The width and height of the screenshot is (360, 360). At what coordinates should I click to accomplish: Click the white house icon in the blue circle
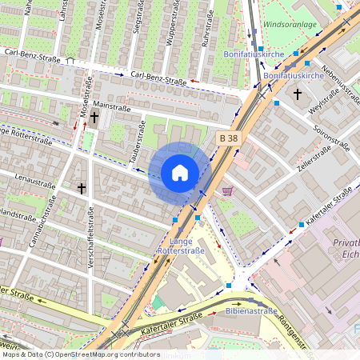coord(180,172)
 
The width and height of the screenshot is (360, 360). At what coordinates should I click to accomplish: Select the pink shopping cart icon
coord(228,191)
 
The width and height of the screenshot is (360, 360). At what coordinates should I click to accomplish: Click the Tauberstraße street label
coord(136,142)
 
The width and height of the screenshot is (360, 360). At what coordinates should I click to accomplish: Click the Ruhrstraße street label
coord(204,36)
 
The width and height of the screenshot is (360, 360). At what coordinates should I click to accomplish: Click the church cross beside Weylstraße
coord(298,94)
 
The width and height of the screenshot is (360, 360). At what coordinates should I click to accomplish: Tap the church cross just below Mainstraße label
coord(94,118)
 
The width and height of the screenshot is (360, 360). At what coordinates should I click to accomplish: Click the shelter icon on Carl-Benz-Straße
coord(70,60)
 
